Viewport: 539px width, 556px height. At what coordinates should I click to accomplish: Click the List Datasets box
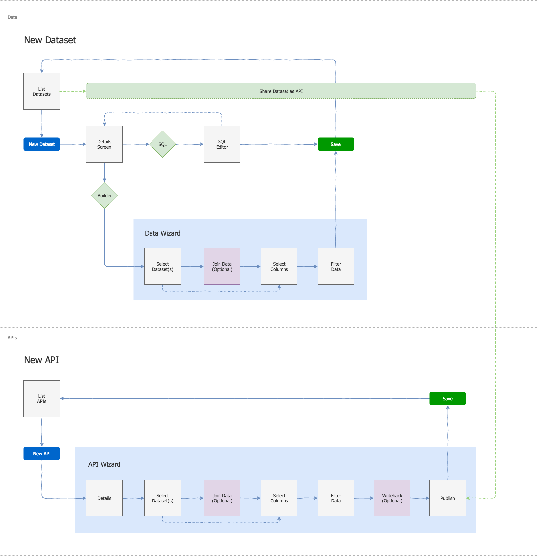coord(42,91)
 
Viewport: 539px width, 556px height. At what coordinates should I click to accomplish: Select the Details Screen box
coord(104,144)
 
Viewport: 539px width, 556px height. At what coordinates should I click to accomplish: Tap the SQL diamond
coord(162,144)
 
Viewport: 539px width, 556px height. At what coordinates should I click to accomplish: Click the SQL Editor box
coord(222,144)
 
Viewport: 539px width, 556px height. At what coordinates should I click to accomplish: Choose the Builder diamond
coord(104,195)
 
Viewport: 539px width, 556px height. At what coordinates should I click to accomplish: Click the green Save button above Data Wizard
coord(335,144)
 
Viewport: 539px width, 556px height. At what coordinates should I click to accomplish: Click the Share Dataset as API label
coord(281,91)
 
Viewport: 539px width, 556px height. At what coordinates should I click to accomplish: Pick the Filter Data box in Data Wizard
coord(336,266)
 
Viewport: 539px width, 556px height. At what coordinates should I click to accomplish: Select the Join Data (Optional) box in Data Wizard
coord(222,266)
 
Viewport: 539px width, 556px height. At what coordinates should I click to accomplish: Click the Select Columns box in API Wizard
coord(279,498)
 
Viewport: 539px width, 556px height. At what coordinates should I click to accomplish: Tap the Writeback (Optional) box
coord(392,498)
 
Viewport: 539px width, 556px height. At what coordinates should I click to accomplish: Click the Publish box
coord(447,498)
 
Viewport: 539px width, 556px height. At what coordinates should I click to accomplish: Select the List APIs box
coord(42,398)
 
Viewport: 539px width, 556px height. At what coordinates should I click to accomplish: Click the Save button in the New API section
coord(447,398)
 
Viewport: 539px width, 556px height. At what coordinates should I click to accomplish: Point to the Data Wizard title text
coord(162,233)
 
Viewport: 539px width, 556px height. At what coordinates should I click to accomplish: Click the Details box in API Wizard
coord(104,498)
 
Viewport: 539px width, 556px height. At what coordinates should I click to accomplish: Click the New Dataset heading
coord(50,40)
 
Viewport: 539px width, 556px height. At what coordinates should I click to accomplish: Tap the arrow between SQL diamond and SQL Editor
coord(189,144)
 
